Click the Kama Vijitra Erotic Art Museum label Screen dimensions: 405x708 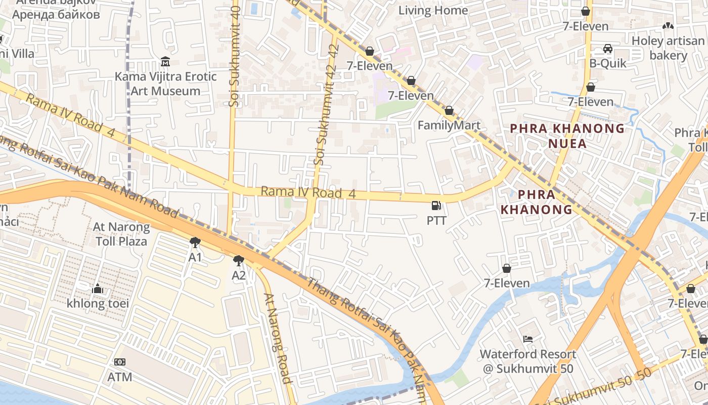point(166,84)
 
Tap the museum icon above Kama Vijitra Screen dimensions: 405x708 point(165,62)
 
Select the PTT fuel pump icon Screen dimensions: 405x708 point(436,206)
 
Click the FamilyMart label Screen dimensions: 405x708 point(449,125)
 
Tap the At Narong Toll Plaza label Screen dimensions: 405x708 point(121,234)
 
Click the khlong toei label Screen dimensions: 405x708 point(98,303)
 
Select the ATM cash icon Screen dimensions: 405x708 point(120,362)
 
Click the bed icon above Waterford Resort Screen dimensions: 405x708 point(528,339)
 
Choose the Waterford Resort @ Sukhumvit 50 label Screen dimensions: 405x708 point(528,361)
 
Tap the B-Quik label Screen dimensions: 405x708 point(608,63)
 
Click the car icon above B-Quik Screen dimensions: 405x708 point(608,49)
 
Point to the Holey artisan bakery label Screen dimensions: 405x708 point(668,48)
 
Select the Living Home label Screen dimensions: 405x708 point(433,10)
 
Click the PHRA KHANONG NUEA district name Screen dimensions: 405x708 point(567,136)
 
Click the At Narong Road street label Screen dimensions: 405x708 point(278,338)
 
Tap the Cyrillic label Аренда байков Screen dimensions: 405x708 point(56,14)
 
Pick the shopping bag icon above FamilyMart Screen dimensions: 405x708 point(449,110)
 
